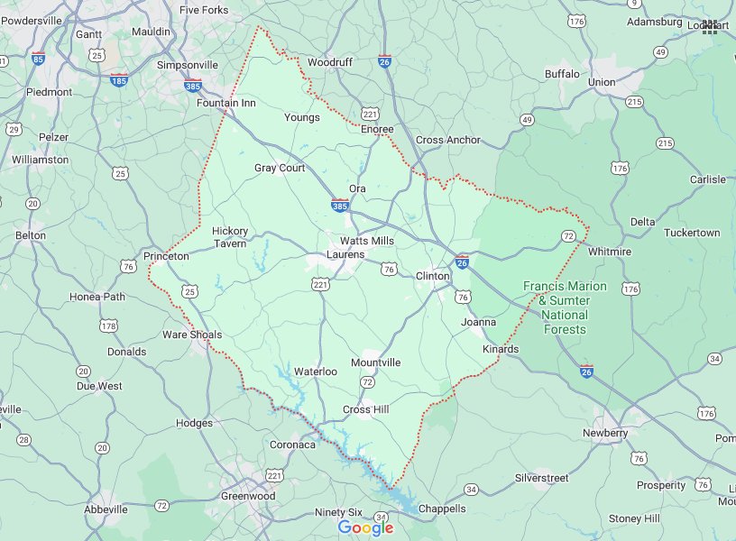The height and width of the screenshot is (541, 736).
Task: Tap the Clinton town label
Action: click(432, 276)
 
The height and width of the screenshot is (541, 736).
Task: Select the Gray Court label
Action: click(280, 169)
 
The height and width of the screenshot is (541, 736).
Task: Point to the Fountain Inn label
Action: click(226, 104)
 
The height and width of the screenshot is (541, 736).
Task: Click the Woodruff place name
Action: click(328, 63)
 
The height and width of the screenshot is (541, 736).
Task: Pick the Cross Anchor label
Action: click(448, 141)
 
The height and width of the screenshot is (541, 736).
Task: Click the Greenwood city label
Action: click(248, 497)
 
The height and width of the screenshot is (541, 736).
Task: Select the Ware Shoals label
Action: click(192, 335)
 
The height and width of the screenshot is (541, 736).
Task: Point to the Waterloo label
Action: click(316, 371)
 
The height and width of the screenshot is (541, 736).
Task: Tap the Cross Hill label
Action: click(365, 410)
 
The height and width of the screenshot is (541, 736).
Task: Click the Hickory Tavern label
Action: click(230, 237)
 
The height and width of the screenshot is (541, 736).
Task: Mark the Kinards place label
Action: click(501, 350)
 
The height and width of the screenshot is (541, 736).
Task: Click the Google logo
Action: click(365, 527)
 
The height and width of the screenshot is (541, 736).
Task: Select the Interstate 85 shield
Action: click(38, 59)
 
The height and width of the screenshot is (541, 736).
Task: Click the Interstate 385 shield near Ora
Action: click(340, 206)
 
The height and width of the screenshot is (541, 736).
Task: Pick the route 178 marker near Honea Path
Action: click(109, 326)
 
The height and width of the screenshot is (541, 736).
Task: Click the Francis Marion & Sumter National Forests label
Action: click(566, 307)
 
